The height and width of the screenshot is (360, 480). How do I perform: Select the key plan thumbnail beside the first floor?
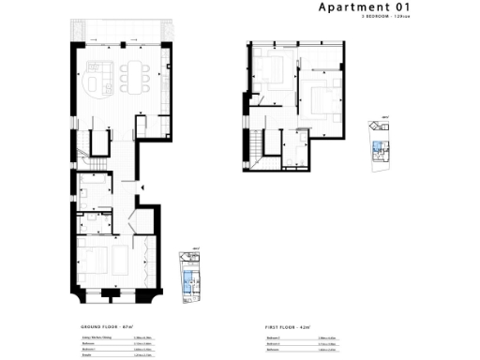[x=382, y=142]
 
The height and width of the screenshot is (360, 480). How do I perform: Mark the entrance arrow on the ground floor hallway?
[x=142, y=187]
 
